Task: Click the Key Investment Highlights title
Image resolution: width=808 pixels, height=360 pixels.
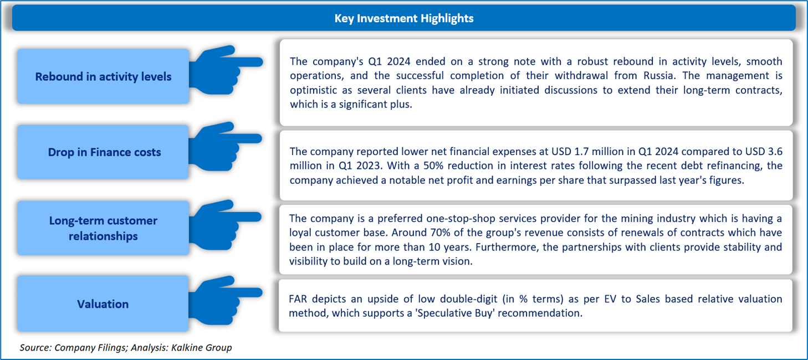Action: (403, 18)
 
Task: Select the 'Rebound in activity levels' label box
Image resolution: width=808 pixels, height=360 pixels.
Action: (103, 76)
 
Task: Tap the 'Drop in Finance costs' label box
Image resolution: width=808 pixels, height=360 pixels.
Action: (104, 152)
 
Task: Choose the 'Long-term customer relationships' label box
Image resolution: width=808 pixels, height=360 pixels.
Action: (103, 228)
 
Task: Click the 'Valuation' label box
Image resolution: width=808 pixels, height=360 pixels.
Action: (103, 304)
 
